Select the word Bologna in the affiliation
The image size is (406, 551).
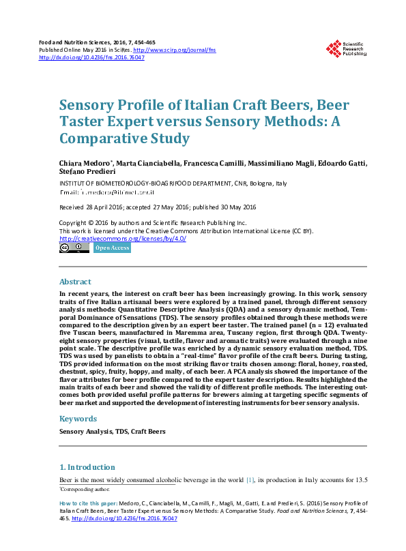(257, 184)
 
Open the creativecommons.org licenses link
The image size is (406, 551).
(123, 239)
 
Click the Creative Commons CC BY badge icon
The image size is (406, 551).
(74, 248)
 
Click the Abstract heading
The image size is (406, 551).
(75, 282)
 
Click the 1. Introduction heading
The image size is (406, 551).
(87, 467)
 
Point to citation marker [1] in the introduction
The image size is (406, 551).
(250, 480)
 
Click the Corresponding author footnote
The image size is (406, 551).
(85, 490)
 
